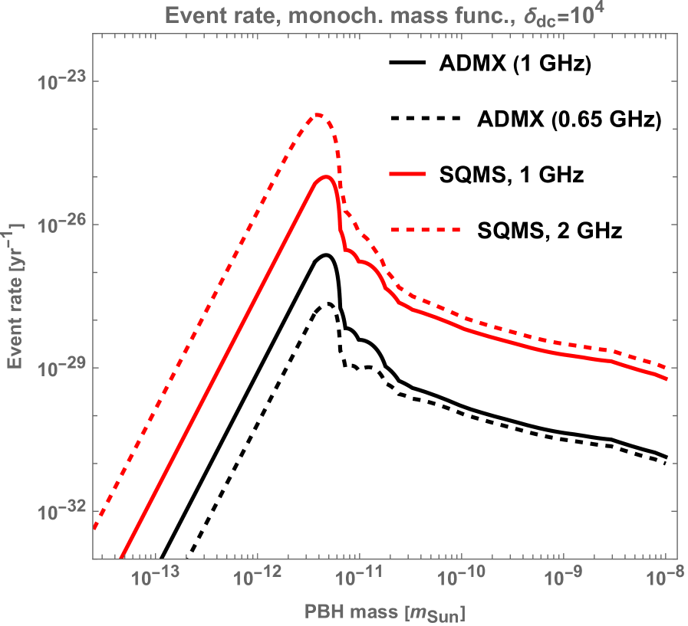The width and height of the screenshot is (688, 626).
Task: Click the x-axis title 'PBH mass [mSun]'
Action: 384,612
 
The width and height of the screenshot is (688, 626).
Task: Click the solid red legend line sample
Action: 407,174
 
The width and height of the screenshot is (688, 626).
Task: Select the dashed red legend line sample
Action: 424,229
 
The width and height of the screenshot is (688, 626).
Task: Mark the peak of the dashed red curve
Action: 318,115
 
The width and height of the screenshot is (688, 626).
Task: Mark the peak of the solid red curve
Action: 326,177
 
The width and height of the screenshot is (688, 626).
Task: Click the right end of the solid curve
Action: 667,378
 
